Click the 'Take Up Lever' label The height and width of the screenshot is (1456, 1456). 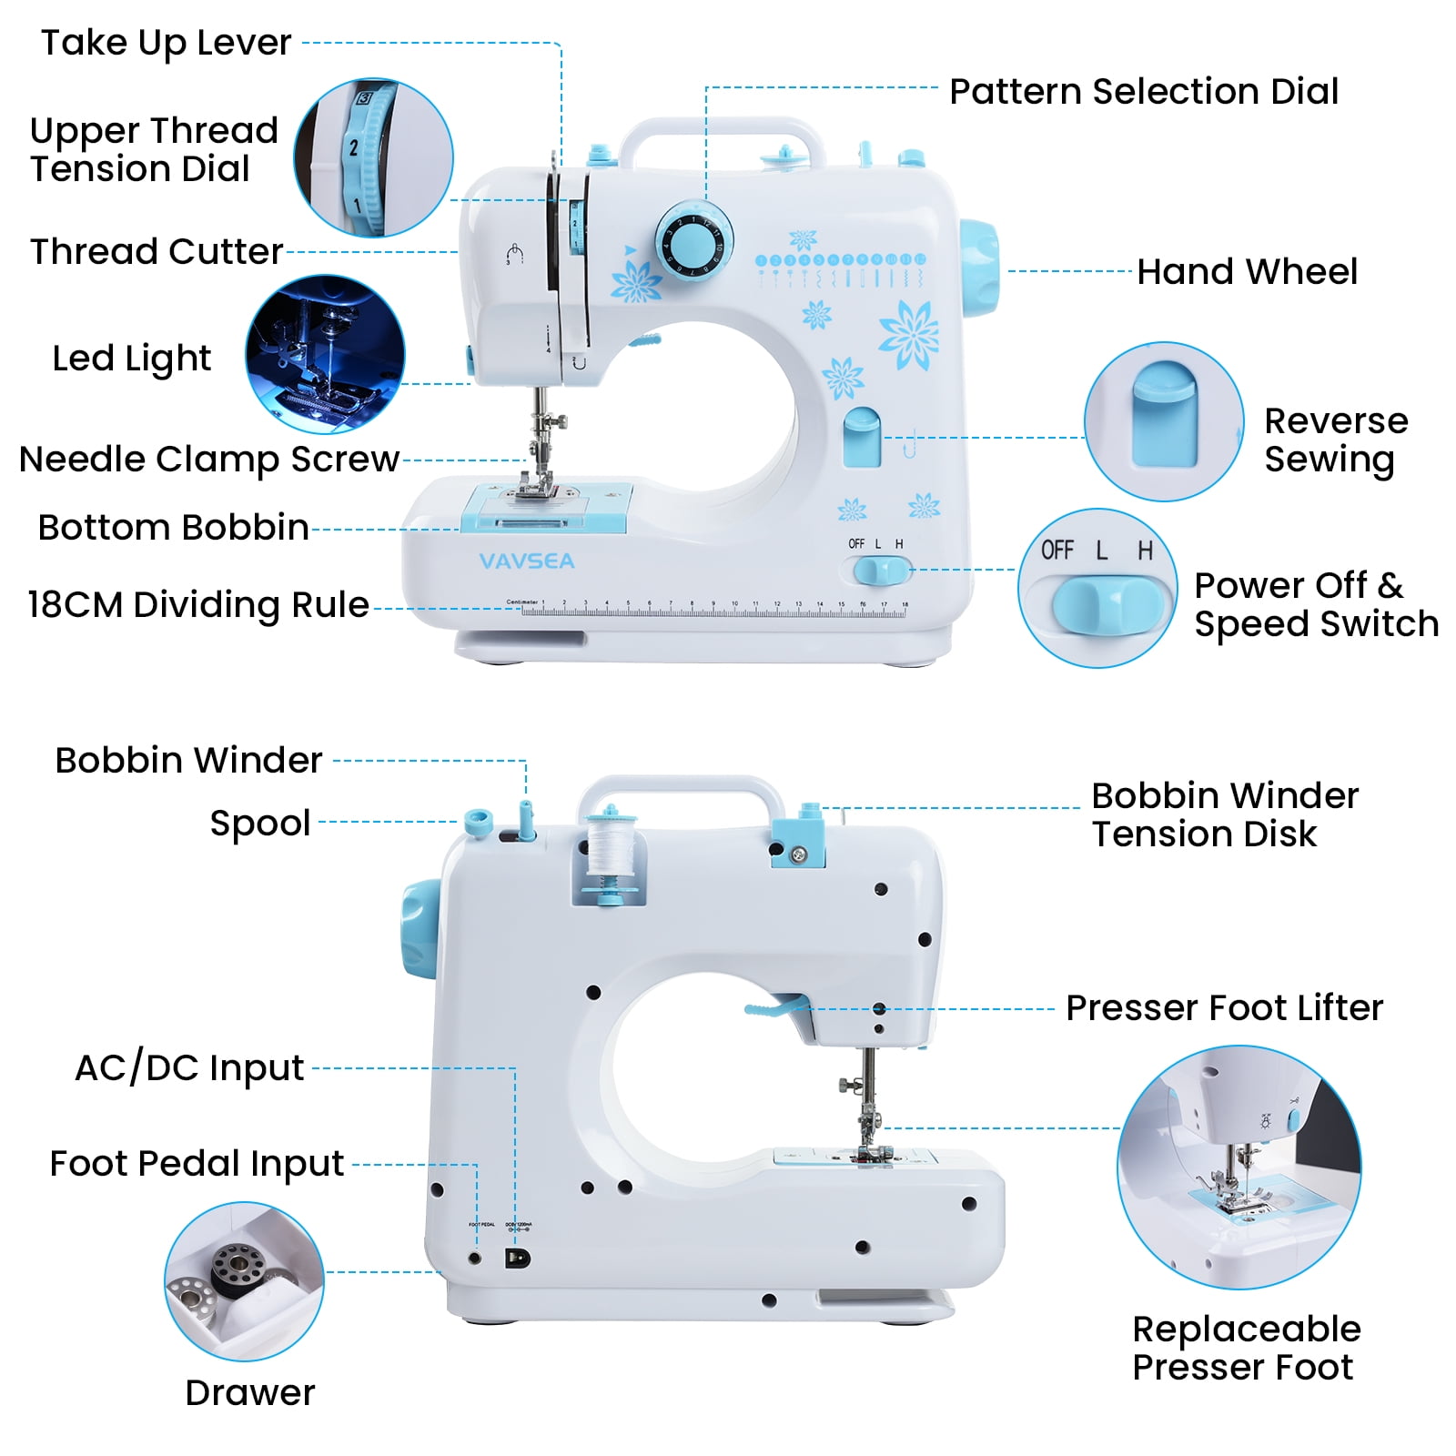[166, 43]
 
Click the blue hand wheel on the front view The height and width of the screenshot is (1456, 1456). [979, 270]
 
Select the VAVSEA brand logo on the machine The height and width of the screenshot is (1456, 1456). [527, 561]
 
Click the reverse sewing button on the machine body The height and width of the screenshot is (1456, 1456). [862, 438]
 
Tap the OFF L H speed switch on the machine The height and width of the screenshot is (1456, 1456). [881, 571]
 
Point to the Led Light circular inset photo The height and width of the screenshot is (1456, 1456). [325, 354]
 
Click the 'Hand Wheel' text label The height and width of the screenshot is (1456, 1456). [1247, 271]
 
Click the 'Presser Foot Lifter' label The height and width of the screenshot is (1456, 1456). [1224, 1008]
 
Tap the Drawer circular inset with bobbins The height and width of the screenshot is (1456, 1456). [244, 1281]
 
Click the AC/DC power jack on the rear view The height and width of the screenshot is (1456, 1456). [517, 1259]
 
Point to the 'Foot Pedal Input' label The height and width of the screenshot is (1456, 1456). [197, 1164]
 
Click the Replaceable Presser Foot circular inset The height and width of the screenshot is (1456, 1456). [1239, 1167]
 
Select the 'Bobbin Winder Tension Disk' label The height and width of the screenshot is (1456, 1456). [1224, 814]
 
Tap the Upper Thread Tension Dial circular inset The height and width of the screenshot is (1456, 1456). [373, 157]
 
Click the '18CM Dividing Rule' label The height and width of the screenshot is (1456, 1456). [198, 605]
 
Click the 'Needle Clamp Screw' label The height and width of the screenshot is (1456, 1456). [209, 460]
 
